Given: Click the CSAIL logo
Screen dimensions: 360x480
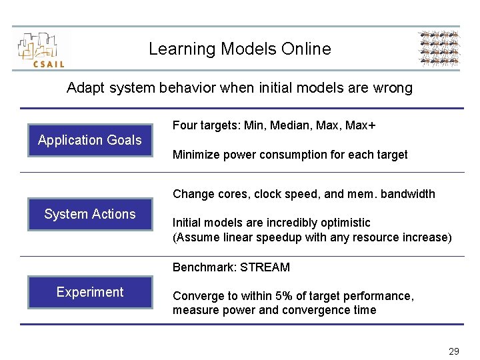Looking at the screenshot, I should tap(41, 49).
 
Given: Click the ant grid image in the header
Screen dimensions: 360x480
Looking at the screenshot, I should tap(438, 49).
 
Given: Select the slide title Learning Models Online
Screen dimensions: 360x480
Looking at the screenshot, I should tap(239, 49).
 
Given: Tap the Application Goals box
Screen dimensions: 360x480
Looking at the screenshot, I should tap(90, 140).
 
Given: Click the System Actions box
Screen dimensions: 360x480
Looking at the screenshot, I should tap(90, 214).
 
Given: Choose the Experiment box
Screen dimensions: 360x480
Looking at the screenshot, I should tap(90, 292).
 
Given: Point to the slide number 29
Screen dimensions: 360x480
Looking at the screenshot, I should tap(454, 351).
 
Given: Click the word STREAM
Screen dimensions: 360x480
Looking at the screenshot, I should tap(265, 267).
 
